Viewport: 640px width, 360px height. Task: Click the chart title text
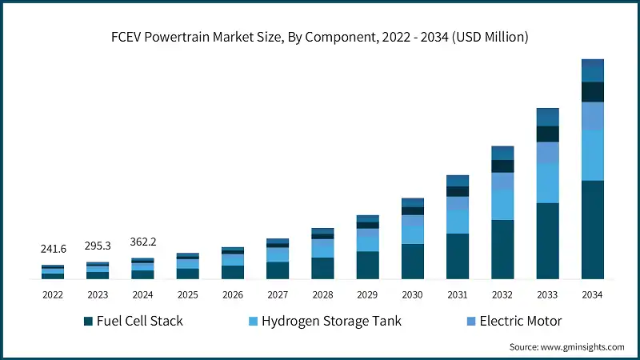(320, 37)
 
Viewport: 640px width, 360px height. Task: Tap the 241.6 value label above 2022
(53, 250)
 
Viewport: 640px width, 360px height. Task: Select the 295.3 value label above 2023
(98, 245)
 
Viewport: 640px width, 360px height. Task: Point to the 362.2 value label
(142, 241)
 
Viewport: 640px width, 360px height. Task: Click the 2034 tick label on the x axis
(592, 294)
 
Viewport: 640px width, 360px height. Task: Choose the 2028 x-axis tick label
(322, 294)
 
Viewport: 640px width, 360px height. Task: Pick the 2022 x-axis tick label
(53, 294)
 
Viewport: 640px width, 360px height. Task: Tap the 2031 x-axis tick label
(458, 294)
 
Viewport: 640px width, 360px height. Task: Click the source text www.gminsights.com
(566, 346)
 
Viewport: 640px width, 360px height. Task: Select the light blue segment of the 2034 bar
(592, 155)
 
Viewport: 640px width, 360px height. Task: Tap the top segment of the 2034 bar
(592, 70)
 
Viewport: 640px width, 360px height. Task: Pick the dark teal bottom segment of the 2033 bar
(547, 241)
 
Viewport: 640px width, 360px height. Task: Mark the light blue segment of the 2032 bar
(502, 205)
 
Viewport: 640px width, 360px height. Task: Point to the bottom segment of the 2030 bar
(413, 262)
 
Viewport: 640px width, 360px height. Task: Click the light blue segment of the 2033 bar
(547, 183)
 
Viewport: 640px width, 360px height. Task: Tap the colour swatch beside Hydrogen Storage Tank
(254, 322)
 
